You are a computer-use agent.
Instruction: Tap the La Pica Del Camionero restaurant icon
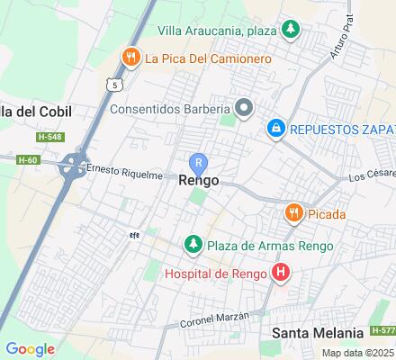pyautogui.click(x=132, y=58)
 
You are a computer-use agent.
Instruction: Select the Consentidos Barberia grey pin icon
pyautogui.click(x=244, y=109)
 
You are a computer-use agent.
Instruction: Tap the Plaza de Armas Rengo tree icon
pyautogui.click(x=193, y=245)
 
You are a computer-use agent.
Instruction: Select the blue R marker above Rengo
pyautogui.click(x=200, y=162)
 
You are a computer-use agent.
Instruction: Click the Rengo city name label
pyautogui.click(x=200, y=180)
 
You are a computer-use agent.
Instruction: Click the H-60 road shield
pyautogui.click(x=27, y=159)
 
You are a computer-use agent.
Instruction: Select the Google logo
pyautogui.click(x=30, y=348)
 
